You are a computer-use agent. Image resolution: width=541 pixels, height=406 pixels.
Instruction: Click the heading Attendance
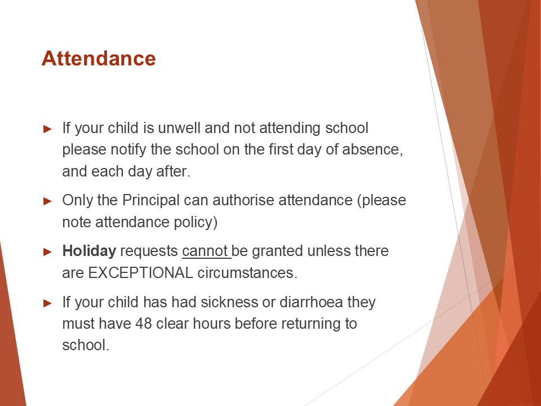99,58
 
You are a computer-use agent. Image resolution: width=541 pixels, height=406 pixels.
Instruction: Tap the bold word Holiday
89,251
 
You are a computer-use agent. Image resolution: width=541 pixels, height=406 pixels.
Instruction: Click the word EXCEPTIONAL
140,273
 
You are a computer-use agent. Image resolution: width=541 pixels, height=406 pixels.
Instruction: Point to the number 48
144,324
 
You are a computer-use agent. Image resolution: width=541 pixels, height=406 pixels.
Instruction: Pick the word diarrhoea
311,302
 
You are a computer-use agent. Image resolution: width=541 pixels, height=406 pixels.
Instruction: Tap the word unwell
179,128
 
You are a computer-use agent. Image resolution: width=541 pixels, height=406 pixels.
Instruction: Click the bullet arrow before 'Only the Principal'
47,201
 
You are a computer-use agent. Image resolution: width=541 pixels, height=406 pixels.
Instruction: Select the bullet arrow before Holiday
47,251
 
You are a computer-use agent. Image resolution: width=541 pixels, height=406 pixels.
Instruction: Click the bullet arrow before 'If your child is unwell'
47,129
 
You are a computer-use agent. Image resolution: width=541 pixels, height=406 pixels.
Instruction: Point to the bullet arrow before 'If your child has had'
47,303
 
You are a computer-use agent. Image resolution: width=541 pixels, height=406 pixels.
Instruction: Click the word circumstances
247,273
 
